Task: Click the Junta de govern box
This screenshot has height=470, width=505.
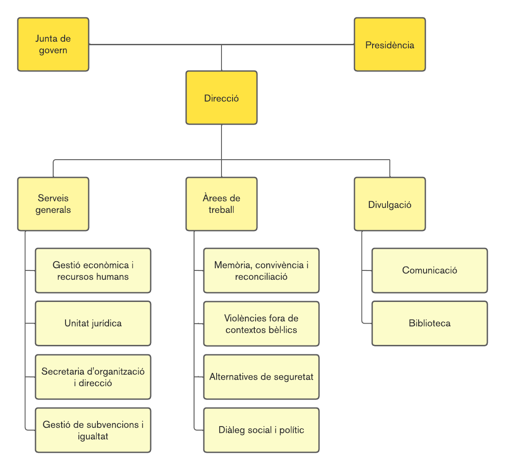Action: (x=53, y=44)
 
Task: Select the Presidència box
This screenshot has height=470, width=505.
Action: (x=390, y=44)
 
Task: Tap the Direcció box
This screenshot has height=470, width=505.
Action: (x=221, y=98)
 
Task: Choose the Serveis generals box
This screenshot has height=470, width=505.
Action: (x=53, y=204)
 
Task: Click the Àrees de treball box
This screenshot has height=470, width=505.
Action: (x=221, y=204)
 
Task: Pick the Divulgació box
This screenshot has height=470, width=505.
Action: (x=390, y=204)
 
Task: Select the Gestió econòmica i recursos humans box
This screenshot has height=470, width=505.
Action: (x=93, y=270)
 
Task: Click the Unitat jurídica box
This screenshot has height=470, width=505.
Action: (x=93, y=323)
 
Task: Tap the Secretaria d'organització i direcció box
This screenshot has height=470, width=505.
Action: (x=93, y=377)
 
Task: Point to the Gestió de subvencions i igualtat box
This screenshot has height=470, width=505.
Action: (x=93, y=430)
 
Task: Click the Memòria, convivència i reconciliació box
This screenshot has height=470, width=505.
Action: (x=261, y=270)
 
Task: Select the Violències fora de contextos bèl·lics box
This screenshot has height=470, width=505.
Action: (x=261, y=324)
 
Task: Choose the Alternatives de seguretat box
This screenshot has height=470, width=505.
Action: (x=261, y=377)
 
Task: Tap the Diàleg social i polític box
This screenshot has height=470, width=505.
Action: (x=261, y=430)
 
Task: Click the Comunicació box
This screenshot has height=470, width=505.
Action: (x=430, y=270)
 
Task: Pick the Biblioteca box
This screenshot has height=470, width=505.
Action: (x=430, y=323)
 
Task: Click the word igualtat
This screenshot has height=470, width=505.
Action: (x=93, y=436)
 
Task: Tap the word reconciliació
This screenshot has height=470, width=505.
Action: (x=261, y=277)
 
